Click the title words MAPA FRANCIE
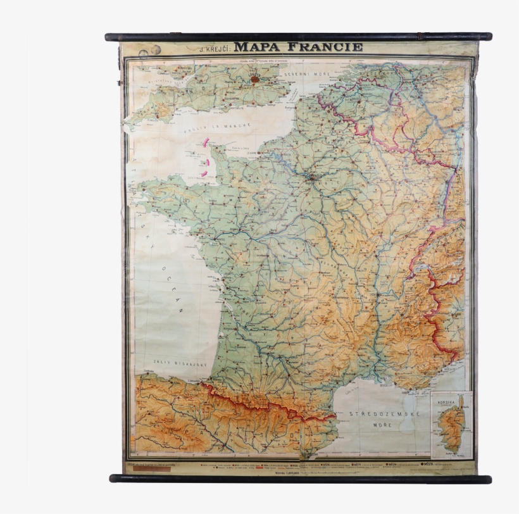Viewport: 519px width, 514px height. tap(298, 47)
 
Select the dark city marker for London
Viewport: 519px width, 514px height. tap(255, 79)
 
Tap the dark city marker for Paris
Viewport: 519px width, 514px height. tap(312, 178)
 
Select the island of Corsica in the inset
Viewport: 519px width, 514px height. tap(451, 425)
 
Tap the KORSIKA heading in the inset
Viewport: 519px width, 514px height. tap(446, 401)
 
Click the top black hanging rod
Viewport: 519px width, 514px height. tap(298, 37)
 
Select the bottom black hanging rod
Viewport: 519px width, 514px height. tap(300, 479)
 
